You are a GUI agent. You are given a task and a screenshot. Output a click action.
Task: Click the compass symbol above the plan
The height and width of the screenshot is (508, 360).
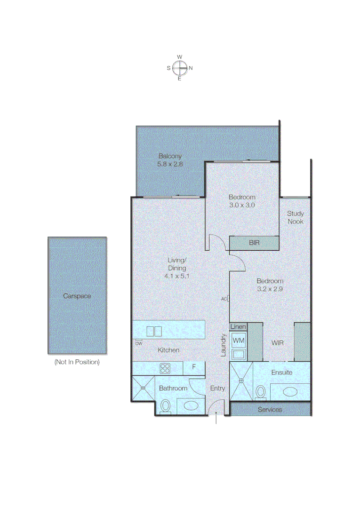point(179,68)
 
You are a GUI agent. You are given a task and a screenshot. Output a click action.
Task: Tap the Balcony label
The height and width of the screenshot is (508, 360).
point(170,156)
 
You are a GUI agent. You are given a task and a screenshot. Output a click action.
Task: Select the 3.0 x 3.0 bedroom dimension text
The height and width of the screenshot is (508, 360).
point(242,205)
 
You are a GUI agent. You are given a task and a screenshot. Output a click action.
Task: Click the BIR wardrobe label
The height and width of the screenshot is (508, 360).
point(254,243)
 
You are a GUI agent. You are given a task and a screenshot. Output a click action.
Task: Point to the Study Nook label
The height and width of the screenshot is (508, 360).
point(296,217)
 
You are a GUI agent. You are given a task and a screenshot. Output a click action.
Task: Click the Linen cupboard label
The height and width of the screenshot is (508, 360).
point(239,327)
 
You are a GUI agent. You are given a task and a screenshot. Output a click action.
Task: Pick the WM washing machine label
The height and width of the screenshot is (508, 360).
point(239,340)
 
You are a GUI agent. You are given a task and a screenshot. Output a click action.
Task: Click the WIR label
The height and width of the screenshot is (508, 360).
point(278,343)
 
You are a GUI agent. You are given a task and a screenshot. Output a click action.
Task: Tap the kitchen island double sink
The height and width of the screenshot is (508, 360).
point(154,331)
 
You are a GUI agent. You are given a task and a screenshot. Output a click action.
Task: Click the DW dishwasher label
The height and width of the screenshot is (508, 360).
point(138,343)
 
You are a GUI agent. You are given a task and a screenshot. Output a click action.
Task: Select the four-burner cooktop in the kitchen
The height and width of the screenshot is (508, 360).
point(165,368)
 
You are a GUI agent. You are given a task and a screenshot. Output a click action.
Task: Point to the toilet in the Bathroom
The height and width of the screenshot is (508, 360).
point(166,406)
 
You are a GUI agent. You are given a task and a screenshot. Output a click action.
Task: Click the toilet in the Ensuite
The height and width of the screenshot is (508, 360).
point(261,392)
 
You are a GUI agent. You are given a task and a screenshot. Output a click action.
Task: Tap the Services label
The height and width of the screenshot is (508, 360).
point(270,409)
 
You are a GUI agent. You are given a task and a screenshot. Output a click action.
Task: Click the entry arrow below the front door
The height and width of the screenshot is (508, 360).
point(216,418)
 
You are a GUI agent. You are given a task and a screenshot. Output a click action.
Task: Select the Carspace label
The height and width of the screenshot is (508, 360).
point(77,296)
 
